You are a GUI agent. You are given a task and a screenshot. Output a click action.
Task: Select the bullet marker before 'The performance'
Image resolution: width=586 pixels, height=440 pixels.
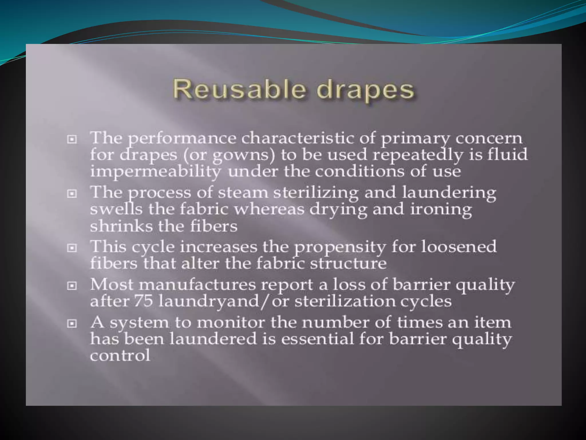(72, 140)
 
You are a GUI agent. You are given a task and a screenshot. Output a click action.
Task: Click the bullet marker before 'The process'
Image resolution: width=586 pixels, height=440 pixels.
(72, 194)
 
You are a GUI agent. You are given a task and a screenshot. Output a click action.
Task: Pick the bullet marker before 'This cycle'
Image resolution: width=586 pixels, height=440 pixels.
(72, 248)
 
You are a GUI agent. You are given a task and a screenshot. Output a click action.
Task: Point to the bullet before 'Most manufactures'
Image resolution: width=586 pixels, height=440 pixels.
(72, 286)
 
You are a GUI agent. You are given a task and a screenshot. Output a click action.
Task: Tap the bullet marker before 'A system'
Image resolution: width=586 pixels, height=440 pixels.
(72, 324)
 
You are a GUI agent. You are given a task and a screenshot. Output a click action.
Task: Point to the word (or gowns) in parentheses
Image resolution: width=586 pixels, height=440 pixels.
(229, 155)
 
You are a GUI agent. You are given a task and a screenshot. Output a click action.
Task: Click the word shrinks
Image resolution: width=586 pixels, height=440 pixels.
(121, 226)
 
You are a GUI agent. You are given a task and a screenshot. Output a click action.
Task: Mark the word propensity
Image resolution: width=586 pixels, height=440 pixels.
(340, 247)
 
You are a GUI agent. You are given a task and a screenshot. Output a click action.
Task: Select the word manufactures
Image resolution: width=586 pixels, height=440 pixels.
(197, 285)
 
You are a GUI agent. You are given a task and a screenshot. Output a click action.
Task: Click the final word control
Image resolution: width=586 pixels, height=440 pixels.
(120, 356)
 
